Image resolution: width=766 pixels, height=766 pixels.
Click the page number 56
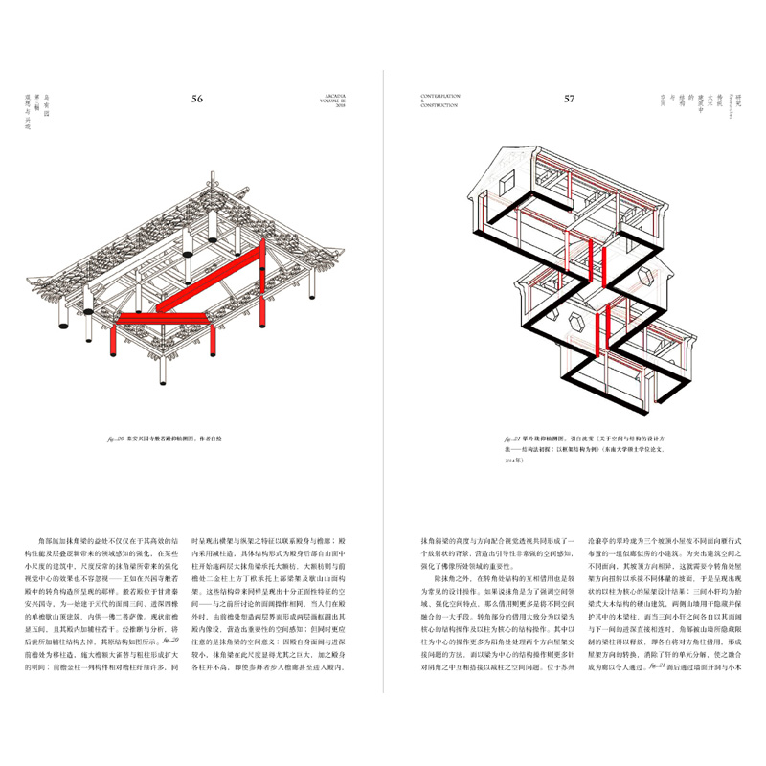click(197, 99)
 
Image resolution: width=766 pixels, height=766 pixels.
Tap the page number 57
click(569, 99)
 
